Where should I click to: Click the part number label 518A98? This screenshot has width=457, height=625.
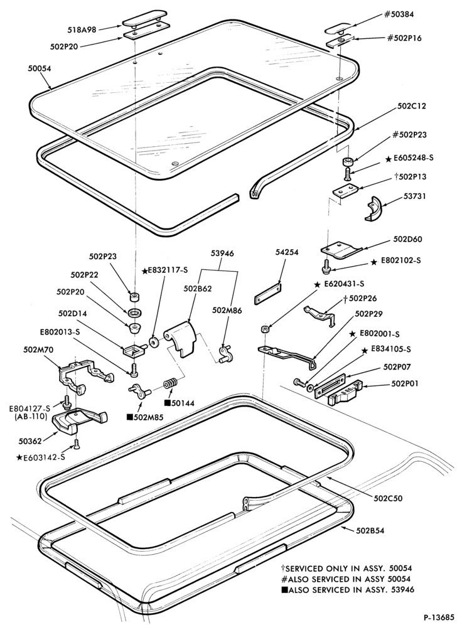[x=82, y=29]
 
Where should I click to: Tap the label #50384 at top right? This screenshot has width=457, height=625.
[x=399, y=14]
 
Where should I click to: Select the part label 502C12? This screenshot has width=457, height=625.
[x=412, y=106]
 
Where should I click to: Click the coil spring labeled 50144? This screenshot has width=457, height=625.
[x=170, y=385]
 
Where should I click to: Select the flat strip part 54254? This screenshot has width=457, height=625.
[x=267, y=294]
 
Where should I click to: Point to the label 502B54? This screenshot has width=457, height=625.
[x=371, y=530]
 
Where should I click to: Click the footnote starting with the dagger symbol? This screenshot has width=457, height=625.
[x=347, y=569]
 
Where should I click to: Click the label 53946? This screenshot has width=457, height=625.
[x=222, y=254]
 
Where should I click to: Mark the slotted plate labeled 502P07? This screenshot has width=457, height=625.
[x=331, y=385]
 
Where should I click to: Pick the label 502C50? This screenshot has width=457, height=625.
[x=388, y=498]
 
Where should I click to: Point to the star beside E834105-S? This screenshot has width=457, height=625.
[x=365, y=350]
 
